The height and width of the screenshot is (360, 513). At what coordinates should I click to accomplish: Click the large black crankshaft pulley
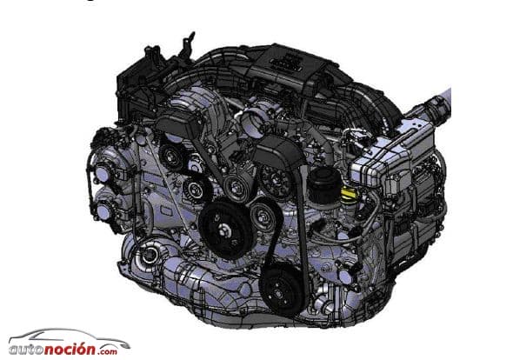[225, 229]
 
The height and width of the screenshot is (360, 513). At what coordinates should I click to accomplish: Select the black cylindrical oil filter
[324, 186]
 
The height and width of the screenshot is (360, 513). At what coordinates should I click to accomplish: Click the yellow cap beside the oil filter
[349, 194]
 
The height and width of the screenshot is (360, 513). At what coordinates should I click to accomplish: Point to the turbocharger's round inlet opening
[149, 254]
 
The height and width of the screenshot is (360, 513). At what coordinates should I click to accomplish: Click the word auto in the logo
[26, 349]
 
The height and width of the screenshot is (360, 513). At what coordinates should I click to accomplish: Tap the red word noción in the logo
[70, 348]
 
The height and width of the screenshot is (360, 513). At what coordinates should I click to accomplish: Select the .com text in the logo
[107, 351]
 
